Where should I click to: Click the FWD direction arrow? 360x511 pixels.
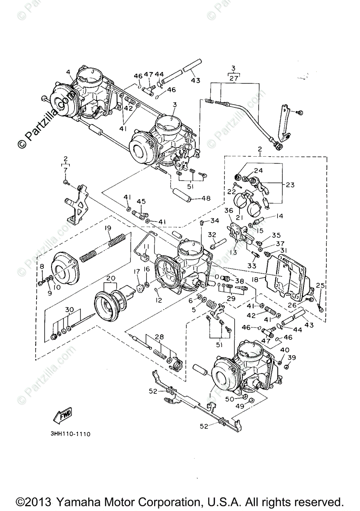coord(62,414)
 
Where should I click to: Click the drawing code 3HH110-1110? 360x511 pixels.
coord(69,434)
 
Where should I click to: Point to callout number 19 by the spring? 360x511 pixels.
coord(108,228)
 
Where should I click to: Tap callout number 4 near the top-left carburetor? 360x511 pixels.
coord(68,72)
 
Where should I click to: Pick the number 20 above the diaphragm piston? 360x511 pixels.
coord(111,278)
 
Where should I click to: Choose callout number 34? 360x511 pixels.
coord(215,221)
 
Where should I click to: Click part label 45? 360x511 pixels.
coord(141,201)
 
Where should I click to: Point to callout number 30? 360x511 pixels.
coord(69,310)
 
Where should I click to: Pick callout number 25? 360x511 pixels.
coord(320,285)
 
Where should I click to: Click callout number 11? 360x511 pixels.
coord(146,247)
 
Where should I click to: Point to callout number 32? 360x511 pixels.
coord(212,235)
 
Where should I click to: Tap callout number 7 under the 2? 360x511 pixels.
coord(66,170)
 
